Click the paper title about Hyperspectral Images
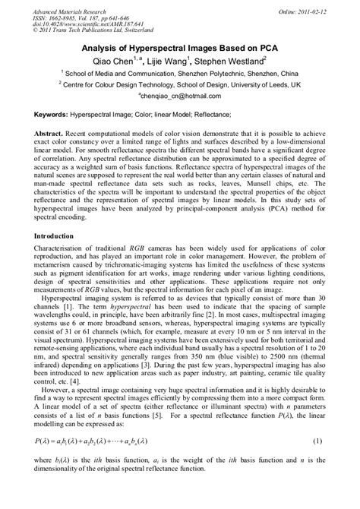click(x=179, y=46)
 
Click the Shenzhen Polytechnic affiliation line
click(x=179, y=75)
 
